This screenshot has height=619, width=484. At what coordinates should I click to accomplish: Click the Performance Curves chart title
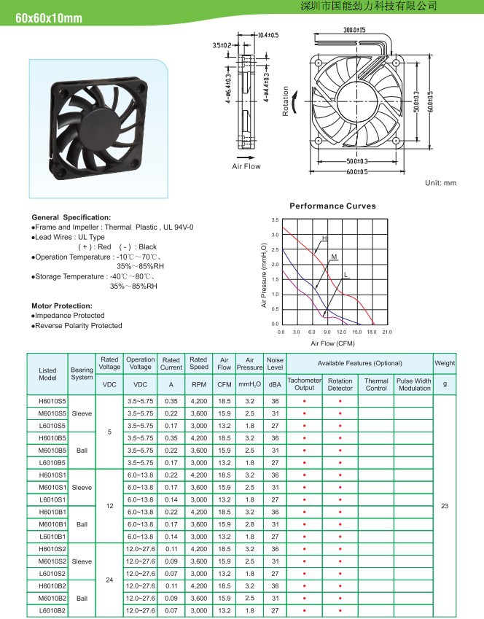pos(332,206)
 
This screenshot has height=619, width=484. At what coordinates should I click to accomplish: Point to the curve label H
pos(324,239)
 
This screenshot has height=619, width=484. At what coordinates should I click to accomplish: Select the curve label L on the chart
pos(346,275)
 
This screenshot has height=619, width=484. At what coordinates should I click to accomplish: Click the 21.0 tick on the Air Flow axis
pos(386,332)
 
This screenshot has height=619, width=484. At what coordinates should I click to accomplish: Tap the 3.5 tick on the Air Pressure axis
pos(275,219)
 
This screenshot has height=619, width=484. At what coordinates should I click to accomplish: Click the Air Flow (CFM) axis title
pos(332,343)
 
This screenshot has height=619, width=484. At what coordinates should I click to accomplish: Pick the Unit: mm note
pos(440,183)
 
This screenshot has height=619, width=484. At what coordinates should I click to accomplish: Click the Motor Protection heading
pos(62,305)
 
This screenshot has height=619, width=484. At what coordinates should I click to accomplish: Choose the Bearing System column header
pos(82,373)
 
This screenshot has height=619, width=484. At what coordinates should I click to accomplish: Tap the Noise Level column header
pos(275,364)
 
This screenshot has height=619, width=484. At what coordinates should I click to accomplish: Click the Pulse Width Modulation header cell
pos(414,384)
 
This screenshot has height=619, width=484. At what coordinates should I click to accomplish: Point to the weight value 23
pos(445,505)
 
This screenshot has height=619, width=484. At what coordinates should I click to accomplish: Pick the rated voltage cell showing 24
pos(109,580)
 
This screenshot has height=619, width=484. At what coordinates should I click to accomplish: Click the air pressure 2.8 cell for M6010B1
pos(249,524)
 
